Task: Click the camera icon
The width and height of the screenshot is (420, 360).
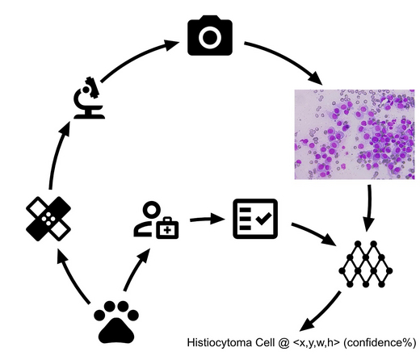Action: (x=210, y=36)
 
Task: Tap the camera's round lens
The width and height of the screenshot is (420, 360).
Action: (x=210, y=38)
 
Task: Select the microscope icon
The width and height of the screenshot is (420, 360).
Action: (x=89, y=98)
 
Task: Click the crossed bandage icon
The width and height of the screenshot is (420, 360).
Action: (x=48, y=219)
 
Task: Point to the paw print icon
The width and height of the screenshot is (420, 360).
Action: (x=116, y=322)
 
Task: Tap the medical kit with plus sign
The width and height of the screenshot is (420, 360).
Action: (x=167, y=228)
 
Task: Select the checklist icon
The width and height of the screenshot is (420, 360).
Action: (x=255, y=219)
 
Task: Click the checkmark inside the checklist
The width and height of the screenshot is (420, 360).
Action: (x=263, y=218)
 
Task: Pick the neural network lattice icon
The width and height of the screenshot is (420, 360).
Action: (x=365, y=264)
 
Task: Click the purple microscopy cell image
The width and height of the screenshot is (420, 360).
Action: (x=355, y=135)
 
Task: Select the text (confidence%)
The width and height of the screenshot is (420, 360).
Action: (x=380, y=343)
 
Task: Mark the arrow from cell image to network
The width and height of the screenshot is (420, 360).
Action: (x=370, y=208)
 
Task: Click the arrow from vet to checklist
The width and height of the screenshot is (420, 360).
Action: (x=208, y=220)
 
